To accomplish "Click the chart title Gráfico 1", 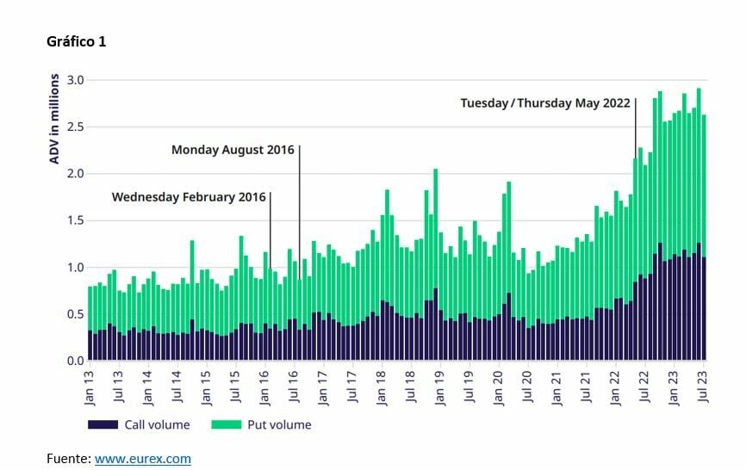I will pos(77,41).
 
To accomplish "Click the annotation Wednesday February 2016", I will pos(189,197).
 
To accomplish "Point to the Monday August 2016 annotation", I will pos(233,150).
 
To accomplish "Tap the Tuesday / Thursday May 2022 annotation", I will pos(545,102).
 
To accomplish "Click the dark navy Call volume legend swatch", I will pos(103,424).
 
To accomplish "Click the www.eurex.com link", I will pos(143,459).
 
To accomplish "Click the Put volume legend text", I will pos(278,424).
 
